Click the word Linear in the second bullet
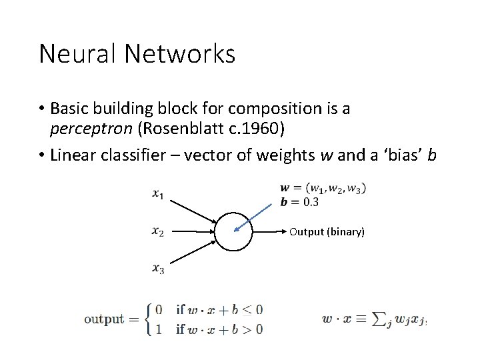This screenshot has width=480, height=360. [x=74, y=155]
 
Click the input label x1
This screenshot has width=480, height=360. [x=158, y=194]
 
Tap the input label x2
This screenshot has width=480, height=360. [x=158, y=231]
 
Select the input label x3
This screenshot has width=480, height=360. [x=158, y=269]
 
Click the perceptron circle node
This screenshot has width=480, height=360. [x=233, y=232]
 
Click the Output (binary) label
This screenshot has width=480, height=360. [x=327, y=232]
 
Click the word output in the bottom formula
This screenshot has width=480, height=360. [x=104, y=319]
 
